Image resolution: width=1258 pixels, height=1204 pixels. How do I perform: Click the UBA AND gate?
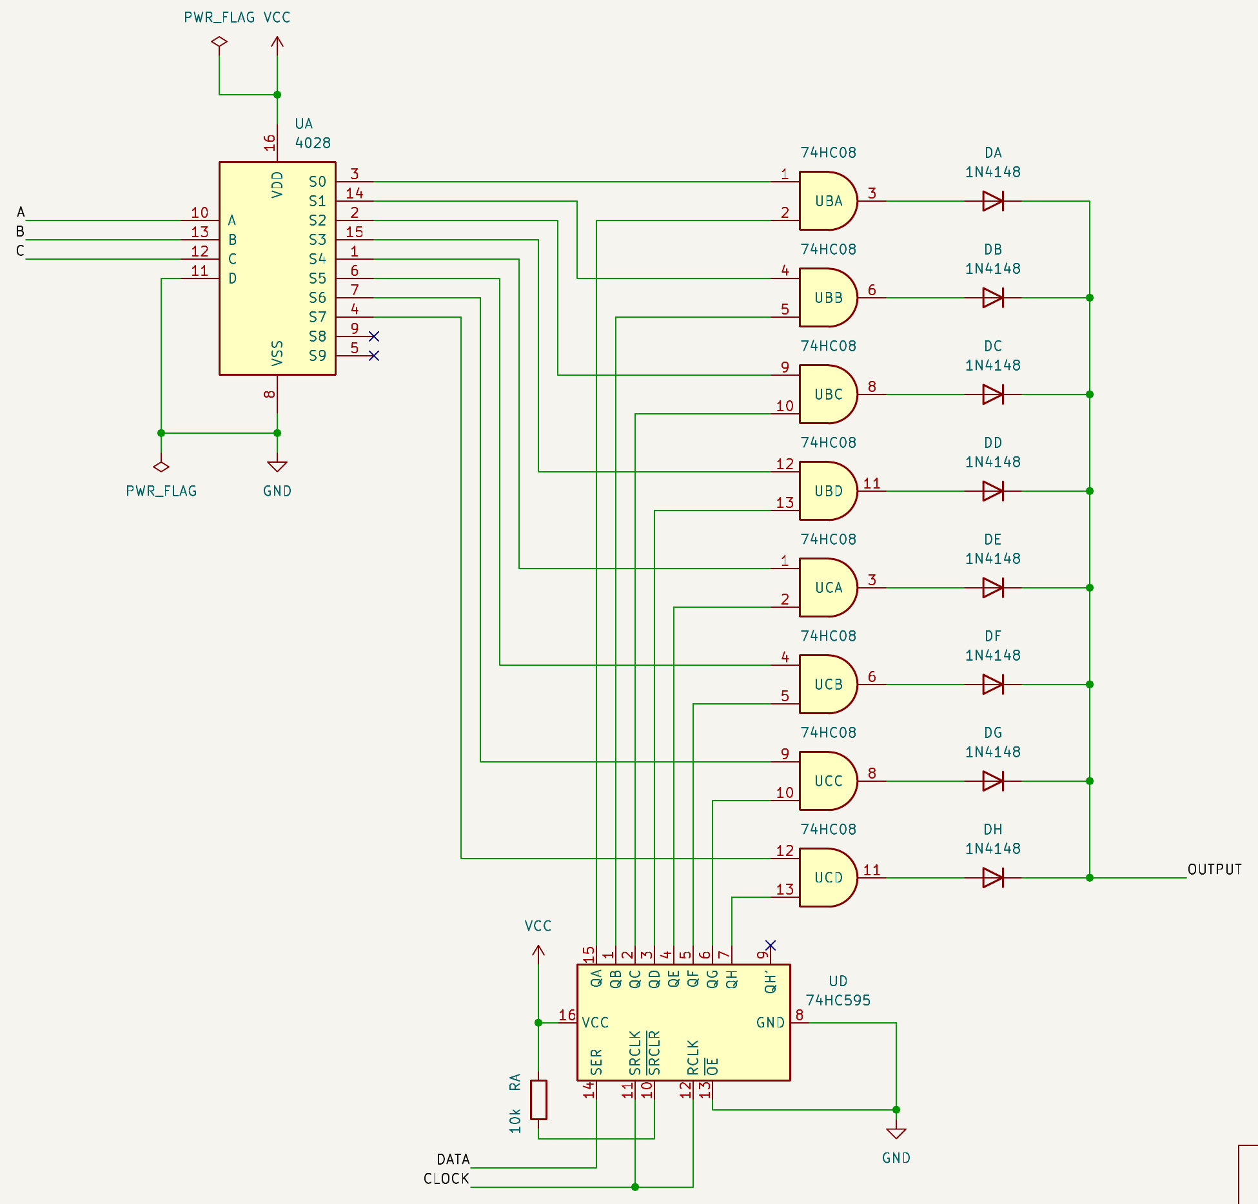(x=828, y=201)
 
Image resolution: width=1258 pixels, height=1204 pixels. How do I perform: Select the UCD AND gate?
(x=828, y=878)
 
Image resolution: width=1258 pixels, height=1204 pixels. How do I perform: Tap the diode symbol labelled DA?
(x=993, y=201)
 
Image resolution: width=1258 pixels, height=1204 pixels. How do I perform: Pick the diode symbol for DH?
(x=993, y=878)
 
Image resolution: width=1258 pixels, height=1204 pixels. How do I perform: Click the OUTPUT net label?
(x=1215, y=869)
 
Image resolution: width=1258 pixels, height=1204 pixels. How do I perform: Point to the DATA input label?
(x=453, y=1160)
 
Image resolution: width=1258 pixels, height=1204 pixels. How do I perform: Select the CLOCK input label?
(x=446, y=1179)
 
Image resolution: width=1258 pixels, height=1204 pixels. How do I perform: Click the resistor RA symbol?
(x=538, y=1100)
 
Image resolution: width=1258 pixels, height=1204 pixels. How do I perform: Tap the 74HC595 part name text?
(x=838, y=1000)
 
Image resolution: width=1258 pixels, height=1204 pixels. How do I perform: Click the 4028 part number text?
(x=313, y=143)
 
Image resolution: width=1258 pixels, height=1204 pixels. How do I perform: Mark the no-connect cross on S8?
(x=374, y=336)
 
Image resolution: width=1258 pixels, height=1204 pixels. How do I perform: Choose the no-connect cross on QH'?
(x=771, y=946)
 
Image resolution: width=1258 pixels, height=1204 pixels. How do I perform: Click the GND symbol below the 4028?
(x=277, y=466)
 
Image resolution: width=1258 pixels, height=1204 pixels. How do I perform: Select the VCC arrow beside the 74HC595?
(x=538, y=950)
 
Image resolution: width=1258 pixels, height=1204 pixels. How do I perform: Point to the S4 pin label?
(x=317, y=259)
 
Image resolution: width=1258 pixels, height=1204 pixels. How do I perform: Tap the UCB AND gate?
(x=828, y=685)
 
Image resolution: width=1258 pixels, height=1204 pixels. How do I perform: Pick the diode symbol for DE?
(x=993, y=588)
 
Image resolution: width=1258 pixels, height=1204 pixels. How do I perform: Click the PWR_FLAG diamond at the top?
(x=219, y=42)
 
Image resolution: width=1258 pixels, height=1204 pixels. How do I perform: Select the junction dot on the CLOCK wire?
(x=635, y=1187)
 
